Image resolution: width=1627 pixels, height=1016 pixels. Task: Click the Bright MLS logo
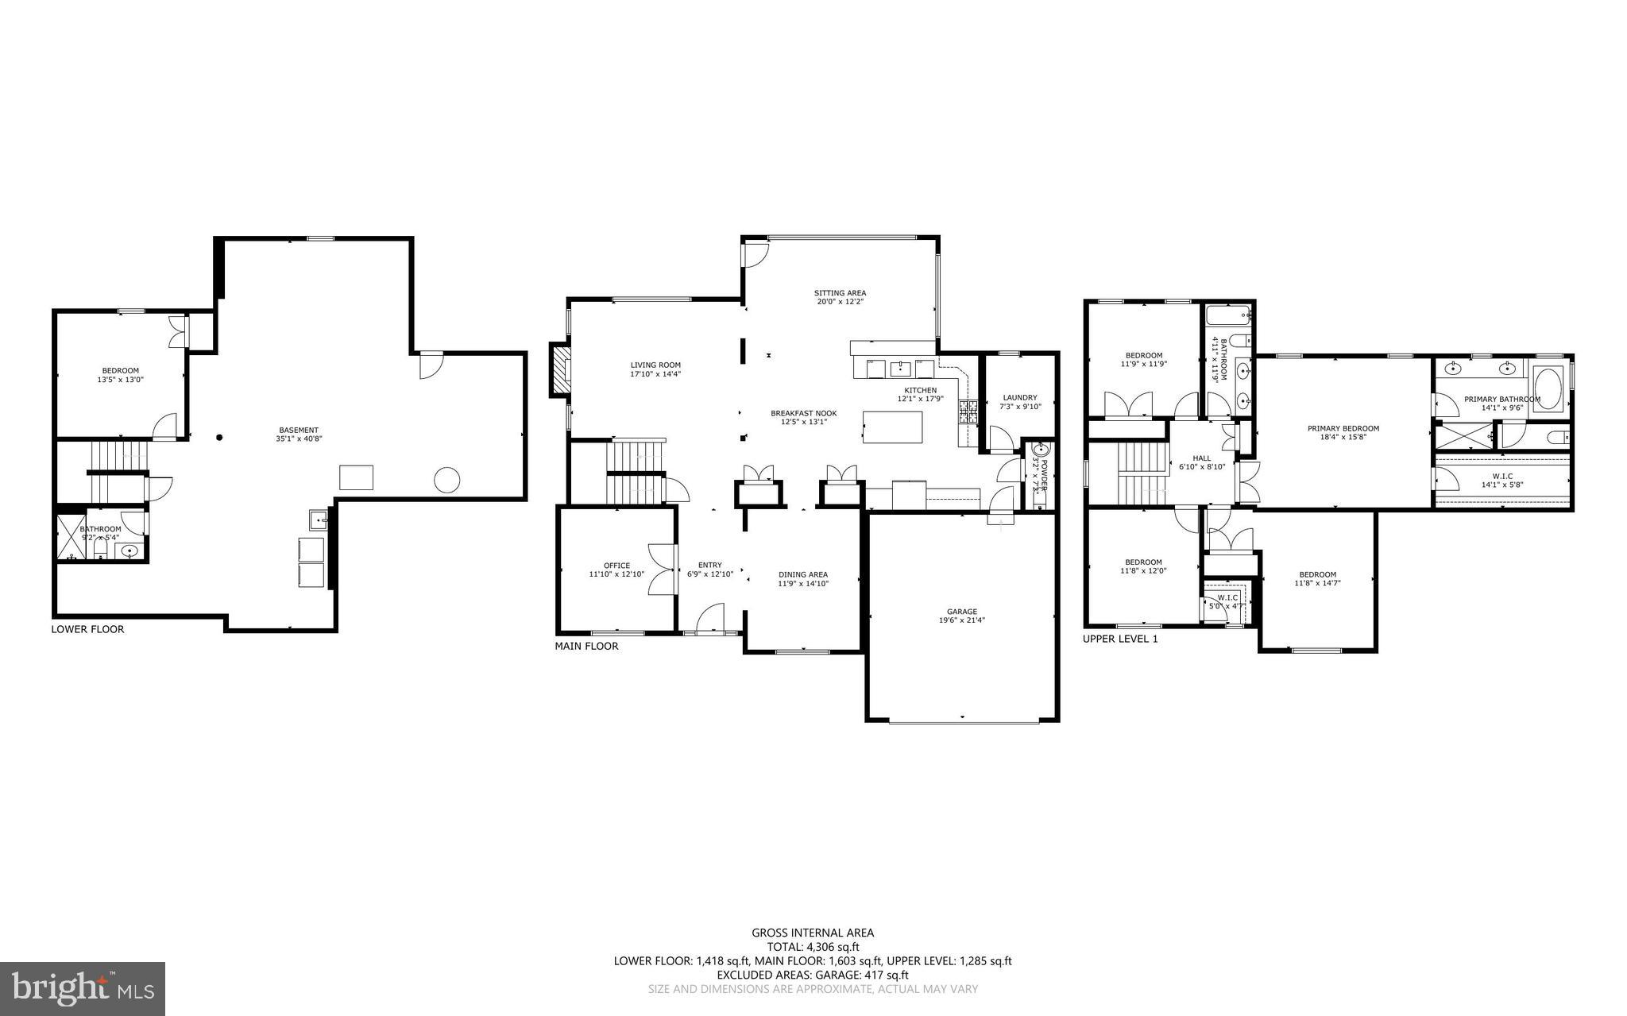(83, 988)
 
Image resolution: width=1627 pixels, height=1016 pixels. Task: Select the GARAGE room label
(961, 612)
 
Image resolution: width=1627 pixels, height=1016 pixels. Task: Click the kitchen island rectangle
(893, 427)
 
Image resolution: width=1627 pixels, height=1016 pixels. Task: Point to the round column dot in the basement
(219, 437)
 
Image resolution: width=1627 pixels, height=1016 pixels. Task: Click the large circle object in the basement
(446, 479)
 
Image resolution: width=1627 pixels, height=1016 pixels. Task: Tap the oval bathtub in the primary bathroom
(1546, 388)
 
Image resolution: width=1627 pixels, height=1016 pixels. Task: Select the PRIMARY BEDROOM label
(1343, 428)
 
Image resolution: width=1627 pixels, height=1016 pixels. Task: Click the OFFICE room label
(616, 566)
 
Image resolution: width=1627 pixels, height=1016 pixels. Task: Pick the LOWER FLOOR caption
(87, 629)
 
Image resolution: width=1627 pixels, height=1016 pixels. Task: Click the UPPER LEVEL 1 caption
(1120, 638)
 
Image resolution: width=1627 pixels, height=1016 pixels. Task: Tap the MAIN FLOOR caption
(586, 646)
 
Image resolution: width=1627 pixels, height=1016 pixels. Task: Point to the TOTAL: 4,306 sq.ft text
(813, 947)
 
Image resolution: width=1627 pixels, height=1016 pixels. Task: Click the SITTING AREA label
(840, 292)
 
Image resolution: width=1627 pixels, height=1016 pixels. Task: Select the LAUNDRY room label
(1020, 397)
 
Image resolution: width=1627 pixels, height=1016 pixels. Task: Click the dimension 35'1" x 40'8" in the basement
(299, 438)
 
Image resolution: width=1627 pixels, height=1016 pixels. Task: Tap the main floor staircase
(635, 472)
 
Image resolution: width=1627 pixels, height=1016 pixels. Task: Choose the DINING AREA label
(802, 574)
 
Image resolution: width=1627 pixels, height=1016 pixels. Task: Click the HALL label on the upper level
(1201, 458)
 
